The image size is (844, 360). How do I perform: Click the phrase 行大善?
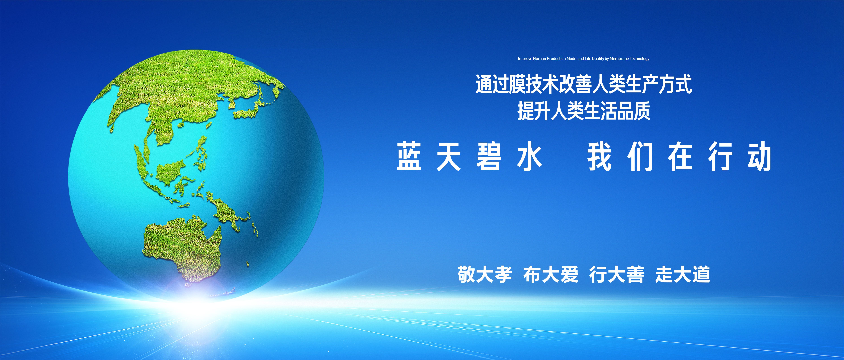617,275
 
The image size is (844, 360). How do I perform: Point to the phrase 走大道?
683,275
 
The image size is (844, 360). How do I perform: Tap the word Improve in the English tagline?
525,59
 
